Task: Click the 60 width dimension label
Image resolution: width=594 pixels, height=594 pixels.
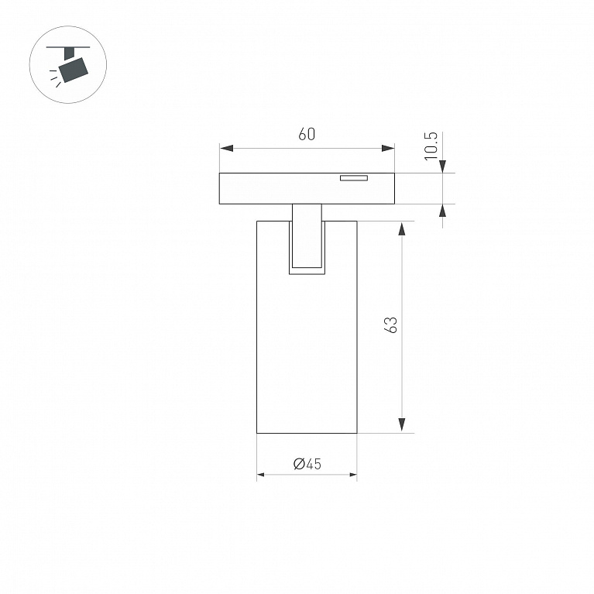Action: [307, 134]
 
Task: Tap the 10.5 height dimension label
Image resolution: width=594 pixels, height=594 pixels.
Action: [431, 146]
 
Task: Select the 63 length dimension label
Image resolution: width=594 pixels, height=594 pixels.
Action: [391, 324]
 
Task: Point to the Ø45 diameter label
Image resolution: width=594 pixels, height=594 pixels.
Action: [307, 464]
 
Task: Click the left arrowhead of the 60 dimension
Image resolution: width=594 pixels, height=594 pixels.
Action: [226, 149]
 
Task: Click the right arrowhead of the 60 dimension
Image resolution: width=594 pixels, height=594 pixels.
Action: [388, 149]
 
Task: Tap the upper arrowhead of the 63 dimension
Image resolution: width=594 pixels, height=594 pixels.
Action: [402, 228]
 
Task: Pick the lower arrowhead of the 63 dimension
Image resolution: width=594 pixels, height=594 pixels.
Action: [402, 425]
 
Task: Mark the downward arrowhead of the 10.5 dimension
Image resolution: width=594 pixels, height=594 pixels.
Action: [442, 167]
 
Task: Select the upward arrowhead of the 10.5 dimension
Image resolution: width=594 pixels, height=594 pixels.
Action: [442, 210]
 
